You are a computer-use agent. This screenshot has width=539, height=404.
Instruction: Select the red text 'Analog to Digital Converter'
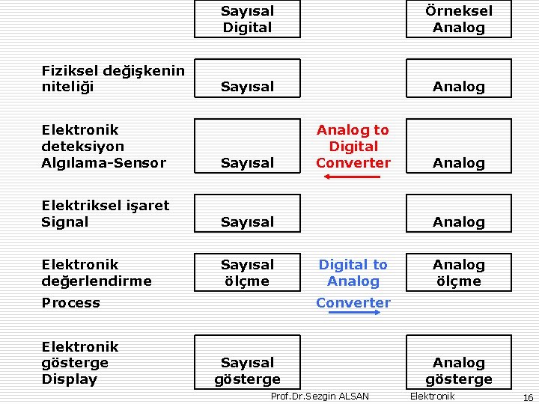tap(353, 146)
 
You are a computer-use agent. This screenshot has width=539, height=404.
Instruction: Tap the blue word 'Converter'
tap(353, 303)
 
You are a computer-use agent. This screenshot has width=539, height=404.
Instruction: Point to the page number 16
tap(528, 397)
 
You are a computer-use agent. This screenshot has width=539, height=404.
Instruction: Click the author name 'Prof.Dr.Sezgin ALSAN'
tap(320, 397)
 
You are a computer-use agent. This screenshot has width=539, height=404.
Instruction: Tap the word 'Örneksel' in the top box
tap(459, 11)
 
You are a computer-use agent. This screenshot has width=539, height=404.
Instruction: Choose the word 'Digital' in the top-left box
tap(247, 28)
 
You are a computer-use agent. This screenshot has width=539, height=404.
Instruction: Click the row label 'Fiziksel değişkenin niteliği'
tap(112, 79)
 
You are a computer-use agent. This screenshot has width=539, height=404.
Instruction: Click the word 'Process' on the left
tap(70, 303)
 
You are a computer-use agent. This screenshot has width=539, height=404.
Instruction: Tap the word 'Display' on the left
tap(70, 379)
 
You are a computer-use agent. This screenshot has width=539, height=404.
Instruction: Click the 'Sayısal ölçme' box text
tap(247, 273)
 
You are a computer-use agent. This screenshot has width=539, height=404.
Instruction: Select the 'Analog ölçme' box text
tap(459, 273)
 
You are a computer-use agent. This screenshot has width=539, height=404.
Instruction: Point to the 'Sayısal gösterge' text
tap(247, 371)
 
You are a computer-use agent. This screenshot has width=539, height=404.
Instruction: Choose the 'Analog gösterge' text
tap(459, 371)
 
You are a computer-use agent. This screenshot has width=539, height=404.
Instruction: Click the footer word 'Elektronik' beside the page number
tap(432, 396)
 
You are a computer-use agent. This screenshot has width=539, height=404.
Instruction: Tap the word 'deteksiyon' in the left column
tap(82, 146)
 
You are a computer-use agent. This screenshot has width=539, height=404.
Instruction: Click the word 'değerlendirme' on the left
tap(97, 281)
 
